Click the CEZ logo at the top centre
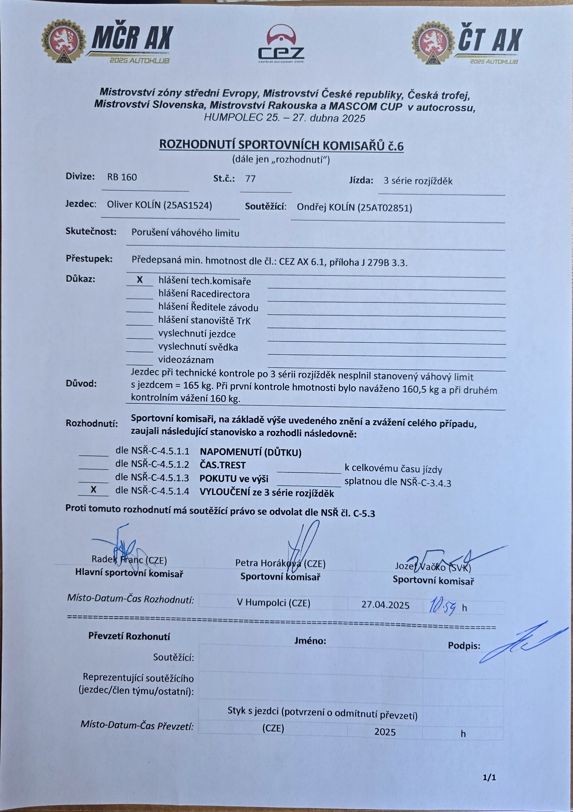tap(281, 44)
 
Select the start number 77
tap(250, 179)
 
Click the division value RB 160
tap(122, 177)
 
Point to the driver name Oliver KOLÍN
tap(159, 205)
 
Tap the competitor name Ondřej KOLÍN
tap(354, 208)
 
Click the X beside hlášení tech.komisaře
tap(140, 280)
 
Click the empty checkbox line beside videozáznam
tap(140, 361)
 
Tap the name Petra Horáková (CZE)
tap(280, 563)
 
